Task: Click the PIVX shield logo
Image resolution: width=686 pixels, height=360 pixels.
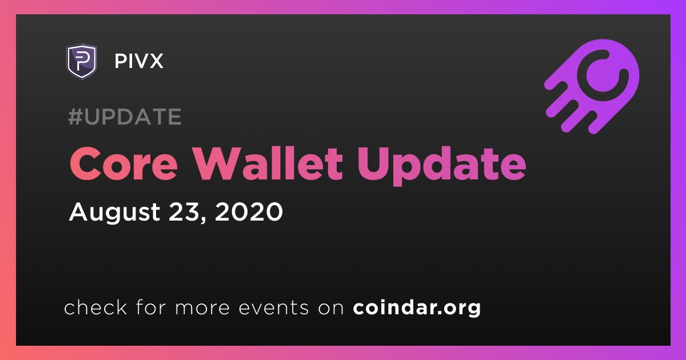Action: pos(82,61)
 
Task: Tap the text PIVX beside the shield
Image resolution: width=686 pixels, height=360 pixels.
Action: pos(139,61)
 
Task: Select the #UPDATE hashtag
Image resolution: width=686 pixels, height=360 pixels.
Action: pos(125,117)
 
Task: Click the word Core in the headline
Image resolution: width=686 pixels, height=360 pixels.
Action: pos(123,164)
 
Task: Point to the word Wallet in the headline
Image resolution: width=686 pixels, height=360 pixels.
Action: pos(269,163)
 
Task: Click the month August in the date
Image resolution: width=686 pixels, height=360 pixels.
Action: pos(114,213)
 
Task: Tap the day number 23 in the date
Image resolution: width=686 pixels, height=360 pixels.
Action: pos(182,211)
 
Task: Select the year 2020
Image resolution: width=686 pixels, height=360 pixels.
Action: pos(249,211)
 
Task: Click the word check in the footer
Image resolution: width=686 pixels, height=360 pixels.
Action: pos(95,307)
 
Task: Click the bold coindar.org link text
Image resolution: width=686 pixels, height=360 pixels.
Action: pos(417,308)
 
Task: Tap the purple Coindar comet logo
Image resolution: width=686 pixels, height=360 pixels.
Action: pos(592,86)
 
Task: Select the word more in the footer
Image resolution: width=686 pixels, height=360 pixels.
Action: pos(202,309)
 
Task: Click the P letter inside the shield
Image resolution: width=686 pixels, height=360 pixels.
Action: pos(81,61)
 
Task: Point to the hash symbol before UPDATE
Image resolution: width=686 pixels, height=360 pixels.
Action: pos(75,117)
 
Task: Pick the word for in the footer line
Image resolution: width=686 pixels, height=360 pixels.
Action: pos(151,307)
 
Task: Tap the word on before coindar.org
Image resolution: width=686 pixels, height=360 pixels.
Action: pos(331,309)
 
